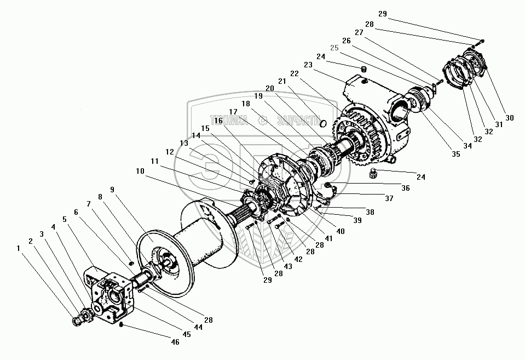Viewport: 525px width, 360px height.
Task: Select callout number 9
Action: [x=112, y=190]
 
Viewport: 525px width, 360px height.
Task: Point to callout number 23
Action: [x=307, y=64]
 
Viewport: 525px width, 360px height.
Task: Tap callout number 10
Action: [x=140, y=172]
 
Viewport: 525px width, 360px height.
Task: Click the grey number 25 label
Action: [x=334, y=48]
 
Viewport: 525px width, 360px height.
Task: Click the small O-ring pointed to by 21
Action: [x=322, y=123]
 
